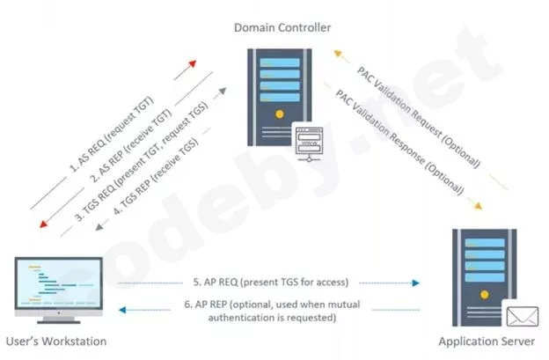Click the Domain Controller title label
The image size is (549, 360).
pyautogui.click(x=282, y=27)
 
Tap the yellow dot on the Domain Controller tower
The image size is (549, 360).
pyautogui.click(x=279, y=114)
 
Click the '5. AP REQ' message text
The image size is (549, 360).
pyautogui.click(x=268, y=283)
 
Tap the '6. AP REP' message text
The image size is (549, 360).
pyautogui.click(x=268, y=311)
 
